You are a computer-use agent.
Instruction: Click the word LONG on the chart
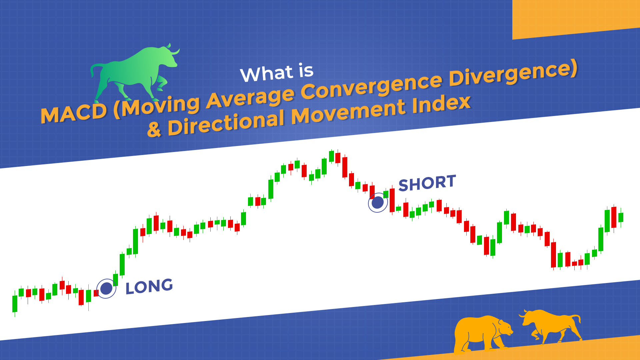[149, 286]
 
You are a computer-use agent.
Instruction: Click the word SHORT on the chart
[427, 183]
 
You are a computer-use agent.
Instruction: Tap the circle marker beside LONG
[106, 288]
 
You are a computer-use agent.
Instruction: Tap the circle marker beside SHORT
[378, 202]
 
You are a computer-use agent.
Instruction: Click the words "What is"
[277, 72]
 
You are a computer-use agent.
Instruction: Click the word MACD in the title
[74, 114]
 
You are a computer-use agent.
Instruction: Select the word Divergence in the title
[513, 74]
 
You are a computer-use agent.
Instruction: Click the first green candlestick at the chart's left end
[15, 304]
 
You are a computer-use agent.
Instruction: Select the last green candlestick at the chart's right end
[621, 217]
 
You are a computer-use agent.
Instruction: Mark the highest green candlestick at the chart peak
[331, 156]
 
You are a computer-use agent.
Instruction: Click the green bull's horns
[173, 50]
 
